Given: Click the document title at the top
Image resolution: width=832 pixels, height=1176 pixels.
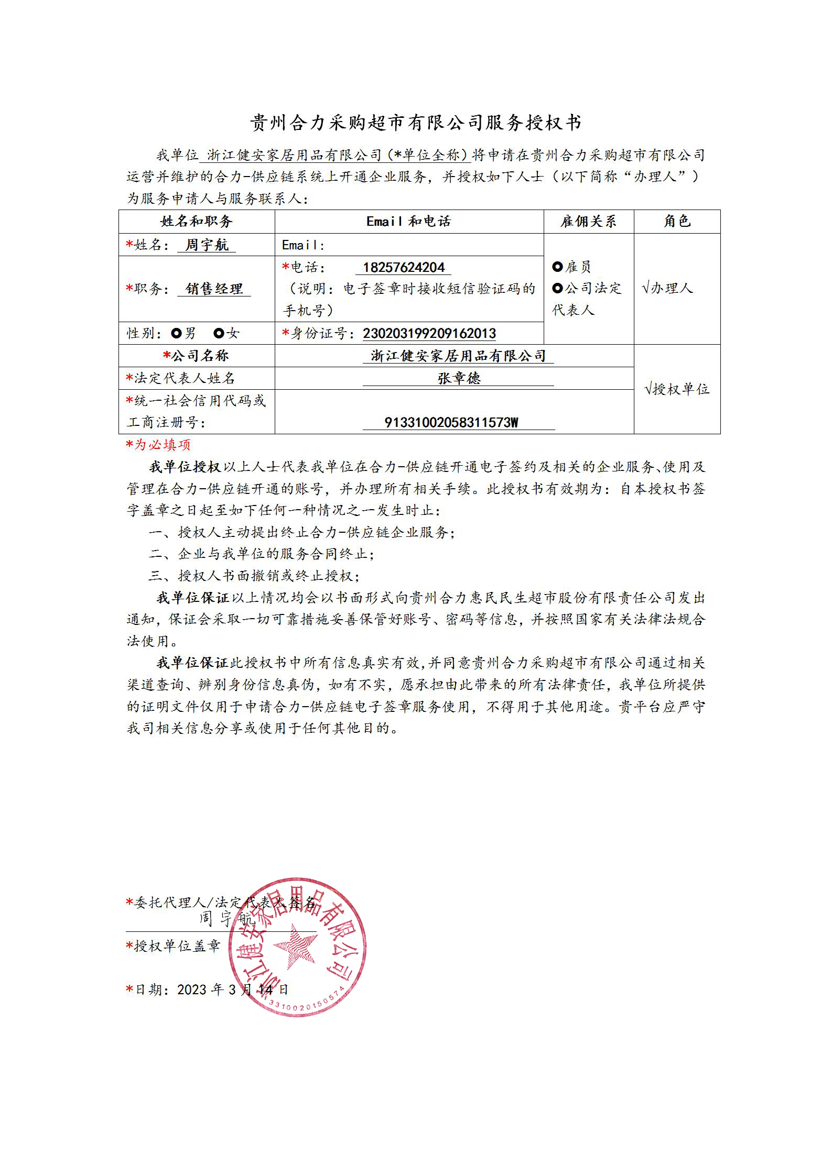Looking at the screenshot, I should pyautogui.click(x=415, y=123).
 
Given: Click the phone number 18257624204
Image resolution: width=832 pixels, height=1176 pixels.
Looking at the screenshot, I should pyautogui.click(x=403, y=268).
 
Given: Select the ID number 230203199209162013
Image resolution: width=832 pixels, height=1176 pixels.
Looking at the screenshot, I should pyautogui.click(x=429, y=334).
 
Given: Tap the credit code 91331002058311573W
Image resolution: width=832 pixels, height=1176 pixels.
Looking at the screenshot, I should pyautogui.click(x=451, y=423).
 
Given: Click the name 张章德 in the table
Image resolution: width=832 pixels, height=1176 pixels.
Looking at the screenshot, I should pyautogui.click(x=459, y=378).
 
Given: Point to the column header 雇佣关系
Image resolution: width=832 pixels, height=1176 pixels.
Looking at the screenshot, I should pyautogui.click(x=588, y=222).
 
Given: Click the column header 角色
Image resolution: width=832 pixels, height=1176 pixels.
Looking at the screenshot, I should pyautogui.click(x=677, y=222).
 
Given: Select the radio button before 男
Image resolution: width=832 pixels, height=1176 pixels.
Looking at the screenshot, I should pyautogui.click(x=176, y=333).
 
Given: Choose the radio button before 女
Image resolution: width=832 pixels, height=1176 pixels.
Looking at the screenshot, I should pyautogui.click(x=219, y=333).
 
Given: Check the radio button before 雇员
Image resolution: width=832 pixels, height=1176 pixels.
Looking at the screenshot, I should pyautogui.click(x=557, y=267).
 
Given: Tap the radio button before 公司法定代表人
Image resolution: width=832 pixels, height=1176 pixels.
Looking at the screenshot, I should pyautogui.click(x=557, y=288).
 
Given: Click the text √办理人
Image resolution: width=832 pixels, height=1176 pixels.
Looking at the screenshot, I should pyautogui.click(x=667, y=288).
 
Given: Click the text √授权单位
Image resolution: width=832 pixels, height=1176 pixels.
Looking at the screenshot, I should pyautogui.click(x=677, y=389).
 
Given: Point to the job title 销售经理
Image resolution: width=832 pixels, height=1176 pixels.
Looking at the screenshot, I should pyautogui.click(x=214, y=289).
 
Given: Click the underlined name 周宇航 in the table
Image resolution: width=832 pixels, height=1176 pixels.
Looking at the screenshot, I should pyautogui.click(x=207, y=245).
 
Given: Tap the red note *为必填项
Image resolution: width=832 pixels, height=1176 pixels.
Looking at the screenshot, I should pyautogui.click(x=158, y=445).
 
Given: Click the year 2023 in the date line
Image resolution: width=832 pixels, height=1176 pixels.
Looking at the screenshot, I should pyautogui.click(x=192, y=990).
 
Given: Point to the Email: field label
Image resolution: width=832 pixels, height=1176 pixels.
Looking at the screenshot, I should pyautogui.click(x=303, y=245).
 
